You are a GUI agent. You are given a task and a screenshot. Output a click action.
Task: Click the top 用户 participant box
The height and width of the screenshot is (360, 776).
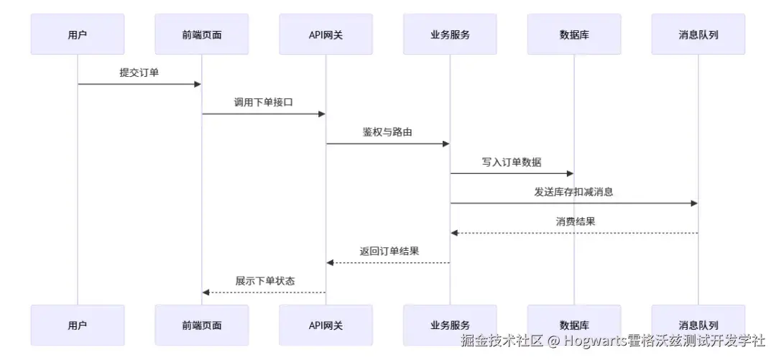[78, 34]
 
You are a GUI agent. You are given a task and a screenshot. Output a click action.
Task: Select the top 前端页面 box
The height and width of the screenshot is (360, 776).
[202, 34]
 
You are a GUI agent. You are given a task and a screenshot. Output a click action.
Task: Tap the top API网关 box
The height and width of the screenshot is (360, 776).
[325, 34]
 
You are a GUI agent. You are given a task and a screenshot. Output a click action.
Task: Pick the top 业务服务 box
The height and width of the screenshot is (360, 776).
[450, 34]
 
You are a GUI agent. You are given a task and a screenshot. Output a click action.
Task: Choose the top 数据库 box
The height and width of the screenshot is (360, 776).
[574, 34]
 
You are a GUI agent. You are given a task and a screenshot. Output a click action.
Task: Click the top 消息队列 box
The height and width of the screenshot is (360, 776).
[698, 34]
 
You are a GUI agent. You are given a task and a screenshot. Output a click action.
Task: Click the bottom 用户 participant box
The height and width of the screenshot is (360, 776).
[78, 325]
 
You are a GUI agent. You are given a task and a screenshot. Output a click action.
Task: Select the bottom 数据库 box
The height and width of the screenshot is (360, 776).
[574, 325]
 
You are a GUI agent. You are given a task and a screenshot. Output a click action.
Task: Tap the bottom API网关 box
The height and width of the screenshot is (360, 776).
[325, 325]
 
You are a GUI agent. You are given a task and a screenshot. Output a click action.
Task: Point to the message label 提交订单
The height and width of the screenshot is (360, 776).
[139, 73]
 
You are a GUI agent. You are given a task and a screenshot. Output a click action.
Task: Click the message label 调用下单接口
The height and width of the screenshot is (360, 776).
[264, 102]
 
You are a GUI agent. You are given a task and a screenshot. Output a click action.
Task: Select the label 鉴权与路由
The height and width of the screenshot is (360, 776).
[387, 132]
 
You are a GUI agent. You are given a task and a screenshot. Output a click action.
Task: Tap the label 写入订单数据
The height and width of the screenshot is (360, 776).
[512, 162]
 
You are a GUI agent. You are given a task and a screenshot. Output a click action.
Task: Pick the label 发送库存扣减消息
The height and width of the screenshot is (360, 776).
[573, 192]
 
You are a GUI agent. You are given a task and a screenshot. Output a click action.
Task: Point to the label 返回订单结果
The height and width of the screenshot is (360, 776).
[389, 251]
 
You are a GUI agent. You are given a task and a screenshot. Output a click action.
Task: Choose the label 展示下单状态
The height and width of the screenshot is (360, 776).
[264, 281]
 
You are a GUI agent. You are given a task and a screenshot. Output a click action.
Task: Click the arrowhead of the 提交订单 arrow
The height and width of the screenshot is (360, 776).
[198, 84]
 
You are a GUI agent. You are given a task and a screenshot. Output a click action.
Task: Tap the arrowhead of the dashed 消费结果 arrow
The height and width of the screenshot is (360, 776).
[454, 233]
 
